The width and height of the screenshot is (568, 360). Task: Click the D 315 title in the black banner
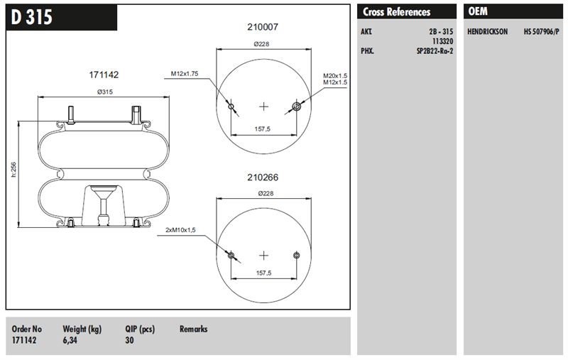(31, 17)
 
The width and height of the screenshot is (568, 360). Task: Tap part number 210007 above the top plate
(263, 27)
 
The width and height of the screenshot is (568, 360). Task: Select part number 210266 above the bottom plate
(263, 177)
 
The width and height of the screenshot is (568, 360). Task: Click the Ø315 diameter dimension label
(105, 92)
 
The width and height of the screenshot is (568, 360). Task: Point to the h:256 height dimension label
(13, 170)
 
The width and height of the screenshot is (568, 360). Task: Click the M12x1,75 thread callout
(185, 74)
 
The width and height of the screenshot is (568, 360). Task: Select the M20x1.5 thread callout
(335, 76)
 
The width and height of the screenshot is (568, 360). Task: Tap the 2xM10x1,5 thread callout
(180, 230)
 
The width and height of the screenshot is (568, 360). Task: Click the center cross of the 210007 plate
(263, 107)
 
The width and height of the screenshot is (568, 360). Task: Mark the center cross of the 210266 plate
(263, 256)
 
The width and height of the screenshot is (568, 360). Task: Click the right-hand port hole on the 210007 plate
(296, 107)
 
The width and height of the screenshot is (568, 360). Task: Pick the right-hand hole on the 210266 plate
(296, 256)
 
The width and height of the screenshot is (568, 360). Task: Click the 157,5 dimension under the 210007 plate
(262, 129)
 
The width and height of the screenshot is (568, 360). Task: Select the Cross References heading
(397, 12)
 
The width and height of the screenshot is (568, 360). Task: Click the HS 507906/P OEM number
(541, 31)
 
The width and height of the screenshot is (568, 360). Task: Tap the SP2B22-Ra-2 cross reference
(435, 51)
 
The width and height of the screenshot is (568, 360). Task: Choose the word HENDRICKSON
(487, 31)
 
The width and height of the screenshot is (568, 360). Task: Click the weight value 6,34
(70, 340)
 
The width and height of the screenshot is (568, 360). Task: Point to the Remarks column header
(193, 329)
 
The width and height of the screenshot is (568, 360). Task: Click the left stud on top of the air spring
(70, 115)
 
